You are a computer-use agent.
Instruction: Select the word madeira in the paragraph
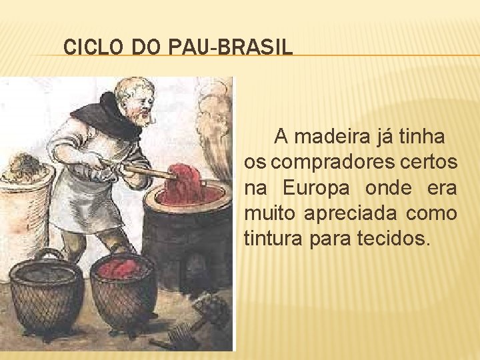[325, 137]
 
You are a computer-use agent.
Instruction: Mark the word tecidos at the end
[395, 239]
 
